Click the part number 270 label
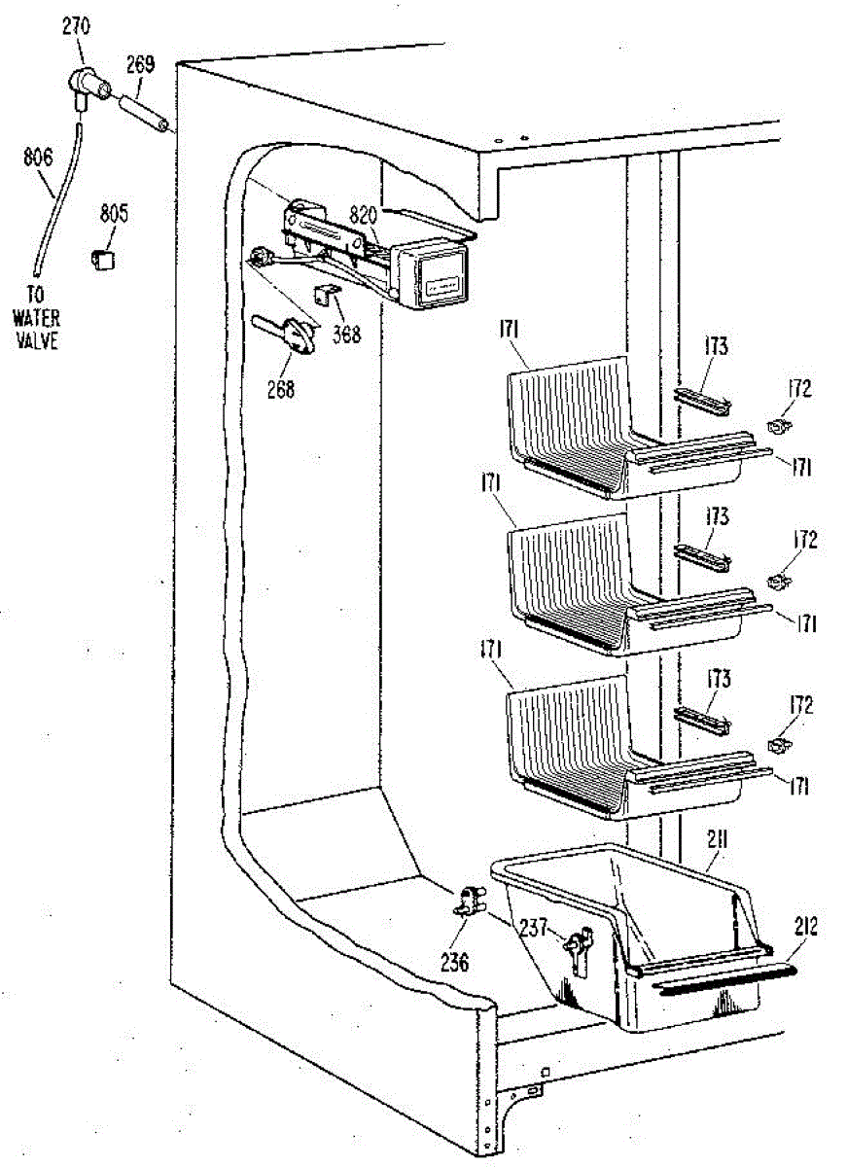click(x=76, y=26)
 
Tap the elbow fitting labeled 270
click(x=88, y=87)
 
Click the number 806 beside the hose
click(x=38, y=157)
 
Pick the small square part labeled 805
click(x=103, y=259)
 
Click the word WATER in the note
click(x=36, y=318)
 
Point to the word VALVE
click(x=36, y=340)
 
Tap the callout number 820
click(x=364, y=214)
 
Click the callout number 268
click(x=281, y=389)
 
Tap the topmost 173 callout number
click(x=717, y=346)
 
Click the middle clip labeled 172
click(x=780, y=580)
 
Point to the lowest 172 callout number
click(x=801, y=706)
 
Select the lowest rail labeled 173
click(x=703, y=722)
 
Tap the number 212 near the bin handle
click(x=806, y=926)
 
